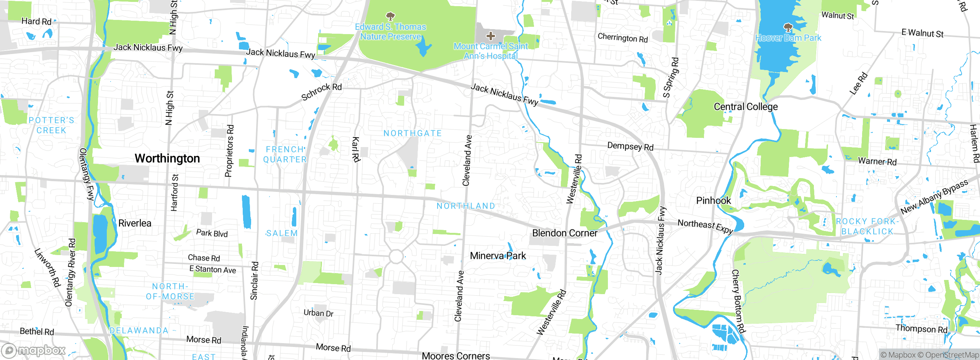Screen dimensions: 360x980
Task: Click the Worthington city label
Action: click(167, 159)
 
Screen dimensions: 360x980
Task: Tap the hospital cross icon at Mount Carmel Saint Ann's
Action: click(490, 36)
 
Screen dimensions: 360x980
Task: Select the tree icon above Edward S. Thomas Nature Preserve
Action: click(390, 16)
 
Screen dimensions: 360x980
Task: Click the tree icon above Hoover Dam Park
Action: click(788, 28)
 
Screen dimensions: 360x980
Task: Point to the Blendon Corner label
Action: click(565, 233)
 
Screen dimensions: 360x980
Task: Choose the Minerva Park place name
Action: click(498, 256)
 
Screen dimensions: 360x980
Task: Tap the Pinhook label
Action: click(713, 201)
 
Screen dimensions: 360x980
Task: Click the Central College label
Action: click(745, 107)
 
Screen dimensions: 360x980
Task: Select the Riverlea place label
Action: click(135, 223)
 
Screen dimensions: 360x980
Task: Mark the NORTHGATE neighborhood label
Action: click(413, 133)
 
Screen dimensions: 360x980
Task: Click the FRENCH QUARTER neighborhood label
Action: click(285, 154)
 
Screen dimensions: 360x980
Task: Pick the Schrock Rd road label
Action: click(321, 92)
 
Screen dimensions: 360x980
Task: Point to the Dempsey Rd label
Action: click(630, 146)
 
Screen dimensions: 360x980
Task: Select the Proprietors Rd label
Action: click(229, 151)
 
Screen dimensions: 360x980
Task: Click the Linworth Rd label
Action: click(47, 268)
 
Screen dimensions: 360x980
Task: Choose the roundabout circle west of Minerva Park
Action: click(396, 257)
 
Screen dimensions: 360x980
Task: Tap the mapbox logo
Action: click(34, 350)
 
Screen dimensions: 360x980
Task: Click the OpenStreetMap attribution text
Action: click(952, 355)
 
